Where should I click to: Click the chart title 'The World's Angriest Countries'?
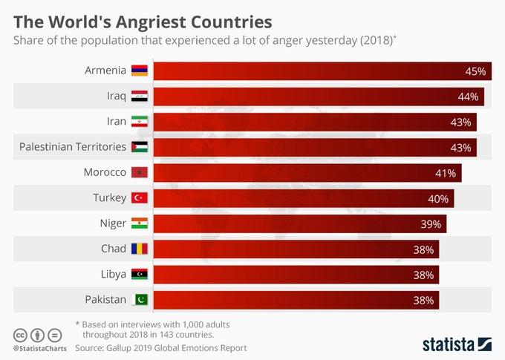[x=142, y=19]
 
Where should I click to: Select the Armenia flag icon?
[x=140, y=71]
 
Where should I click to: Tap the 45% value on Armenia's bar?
[x=475, y=71]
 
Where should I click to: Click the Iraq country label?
[x=117, y=96]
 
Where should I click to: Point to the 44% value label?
[x=468, y=96]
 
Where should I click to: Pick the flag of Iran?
[x=140, y=122]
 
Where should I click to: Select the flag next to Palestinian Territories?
[x=140, y=147]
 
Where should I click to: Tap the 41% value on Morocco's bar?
[x=446, y=173]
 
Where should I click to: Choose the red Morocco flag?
[x=140, y=173]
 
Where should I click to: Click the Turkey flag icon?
[x=140, y=198]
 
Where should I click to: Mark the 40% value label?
[x=438, y=198]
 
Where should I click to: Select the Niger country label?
[x=113, y=223]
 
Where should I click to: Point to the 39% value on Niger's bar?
[x=431, y=223]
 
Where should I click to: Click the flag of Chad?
[x=140, y=249]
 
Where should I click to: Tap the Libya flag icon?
[x=140, y=275]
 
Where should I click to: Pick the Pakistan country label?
[x=105, y=300]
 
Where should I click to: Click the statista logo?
[x=457, y=344]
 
